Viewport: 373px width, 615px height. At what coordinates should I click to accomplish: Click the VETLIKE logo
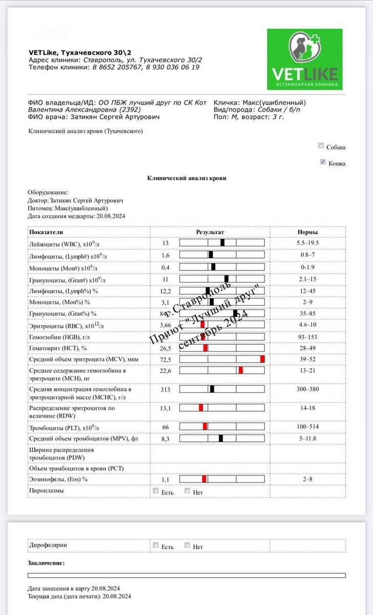coord(304,59)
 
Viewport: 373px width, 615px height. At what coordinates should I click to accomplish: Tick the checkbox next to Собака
coord(321,146)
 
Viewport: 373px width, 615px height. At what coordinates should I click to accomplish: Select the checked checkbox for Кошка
coord(322,162)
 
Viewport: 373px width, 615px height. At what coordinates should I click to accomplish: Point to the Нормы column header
coord(307,232)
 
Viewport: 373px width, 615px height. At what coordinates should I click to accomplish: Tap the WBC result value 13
coord(165,243)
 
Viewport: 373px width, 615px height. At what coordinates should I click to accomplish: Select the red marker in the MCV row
coord(262,359)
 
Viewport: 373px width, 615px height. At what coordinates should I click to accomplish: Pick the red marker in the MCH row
coord(240,371)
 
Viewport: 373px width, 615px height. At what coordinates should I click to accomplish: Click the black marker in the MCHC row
coord(212,389)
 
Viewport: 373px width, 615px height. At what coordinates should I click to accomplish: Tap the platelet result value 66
coord(165,427)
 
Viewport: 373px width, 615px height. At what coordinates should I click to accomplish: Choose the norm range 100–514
coord(307,427)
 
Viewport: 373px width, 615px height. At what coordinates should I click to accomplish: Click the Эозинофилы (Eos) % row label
coord(58,479)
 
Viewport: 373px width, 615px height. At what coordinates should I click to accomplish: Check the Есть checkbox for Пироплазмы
coord(156,491)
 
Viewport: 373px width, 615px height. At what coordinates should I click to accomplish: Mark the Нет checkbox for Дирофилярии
coord(188,545)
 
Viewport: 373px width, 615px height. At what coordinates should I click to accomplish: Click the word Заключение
coord(46,563)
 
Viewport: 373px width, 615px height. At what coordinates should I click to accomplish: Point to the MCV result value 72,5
coord(165,359)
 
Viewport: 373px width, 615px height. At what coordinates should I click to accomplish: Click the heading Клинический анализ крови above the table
coord(186,178)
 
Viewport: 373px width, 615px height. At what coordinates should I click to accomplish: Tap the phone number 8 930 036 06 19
coord(173,67)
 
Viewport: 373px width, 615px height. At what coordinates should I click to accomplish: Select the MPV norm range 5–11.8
coord(307,439)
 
